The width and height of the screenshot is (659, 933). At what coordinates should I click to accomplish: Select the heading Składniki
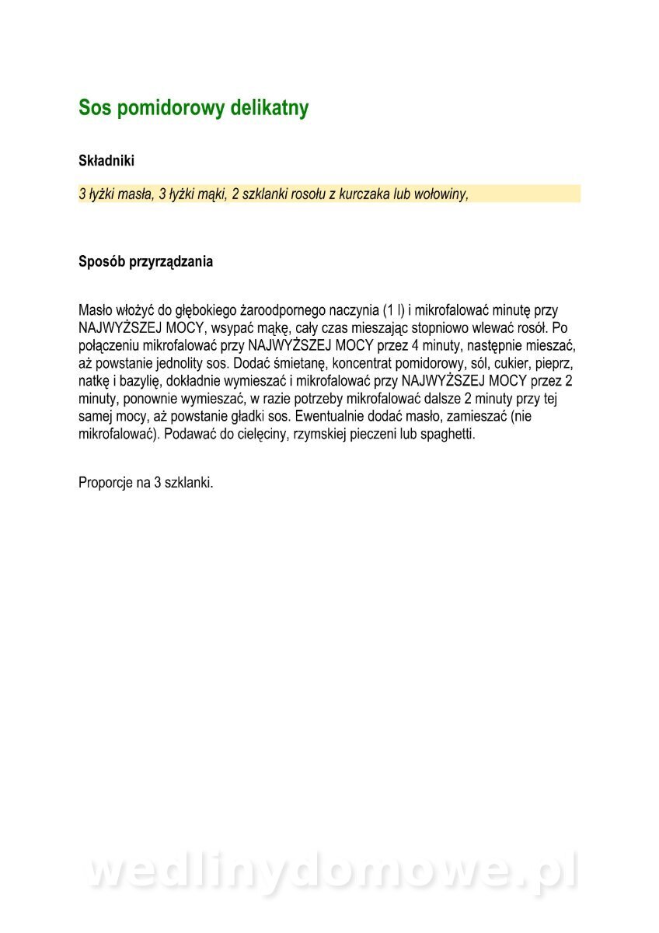tap(106, 161)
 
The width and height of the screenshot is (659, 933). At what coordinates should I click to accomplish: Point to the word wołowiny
tap(441, 194)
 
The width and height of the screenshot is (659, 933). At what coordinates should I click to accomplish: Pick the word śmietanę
tap(299, 363)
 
